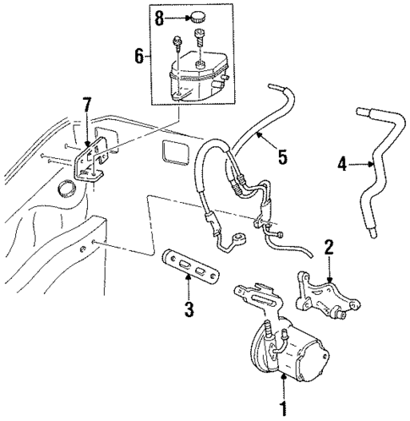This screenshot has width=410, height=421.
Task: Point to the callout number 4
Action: click(x=343, y=165)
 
